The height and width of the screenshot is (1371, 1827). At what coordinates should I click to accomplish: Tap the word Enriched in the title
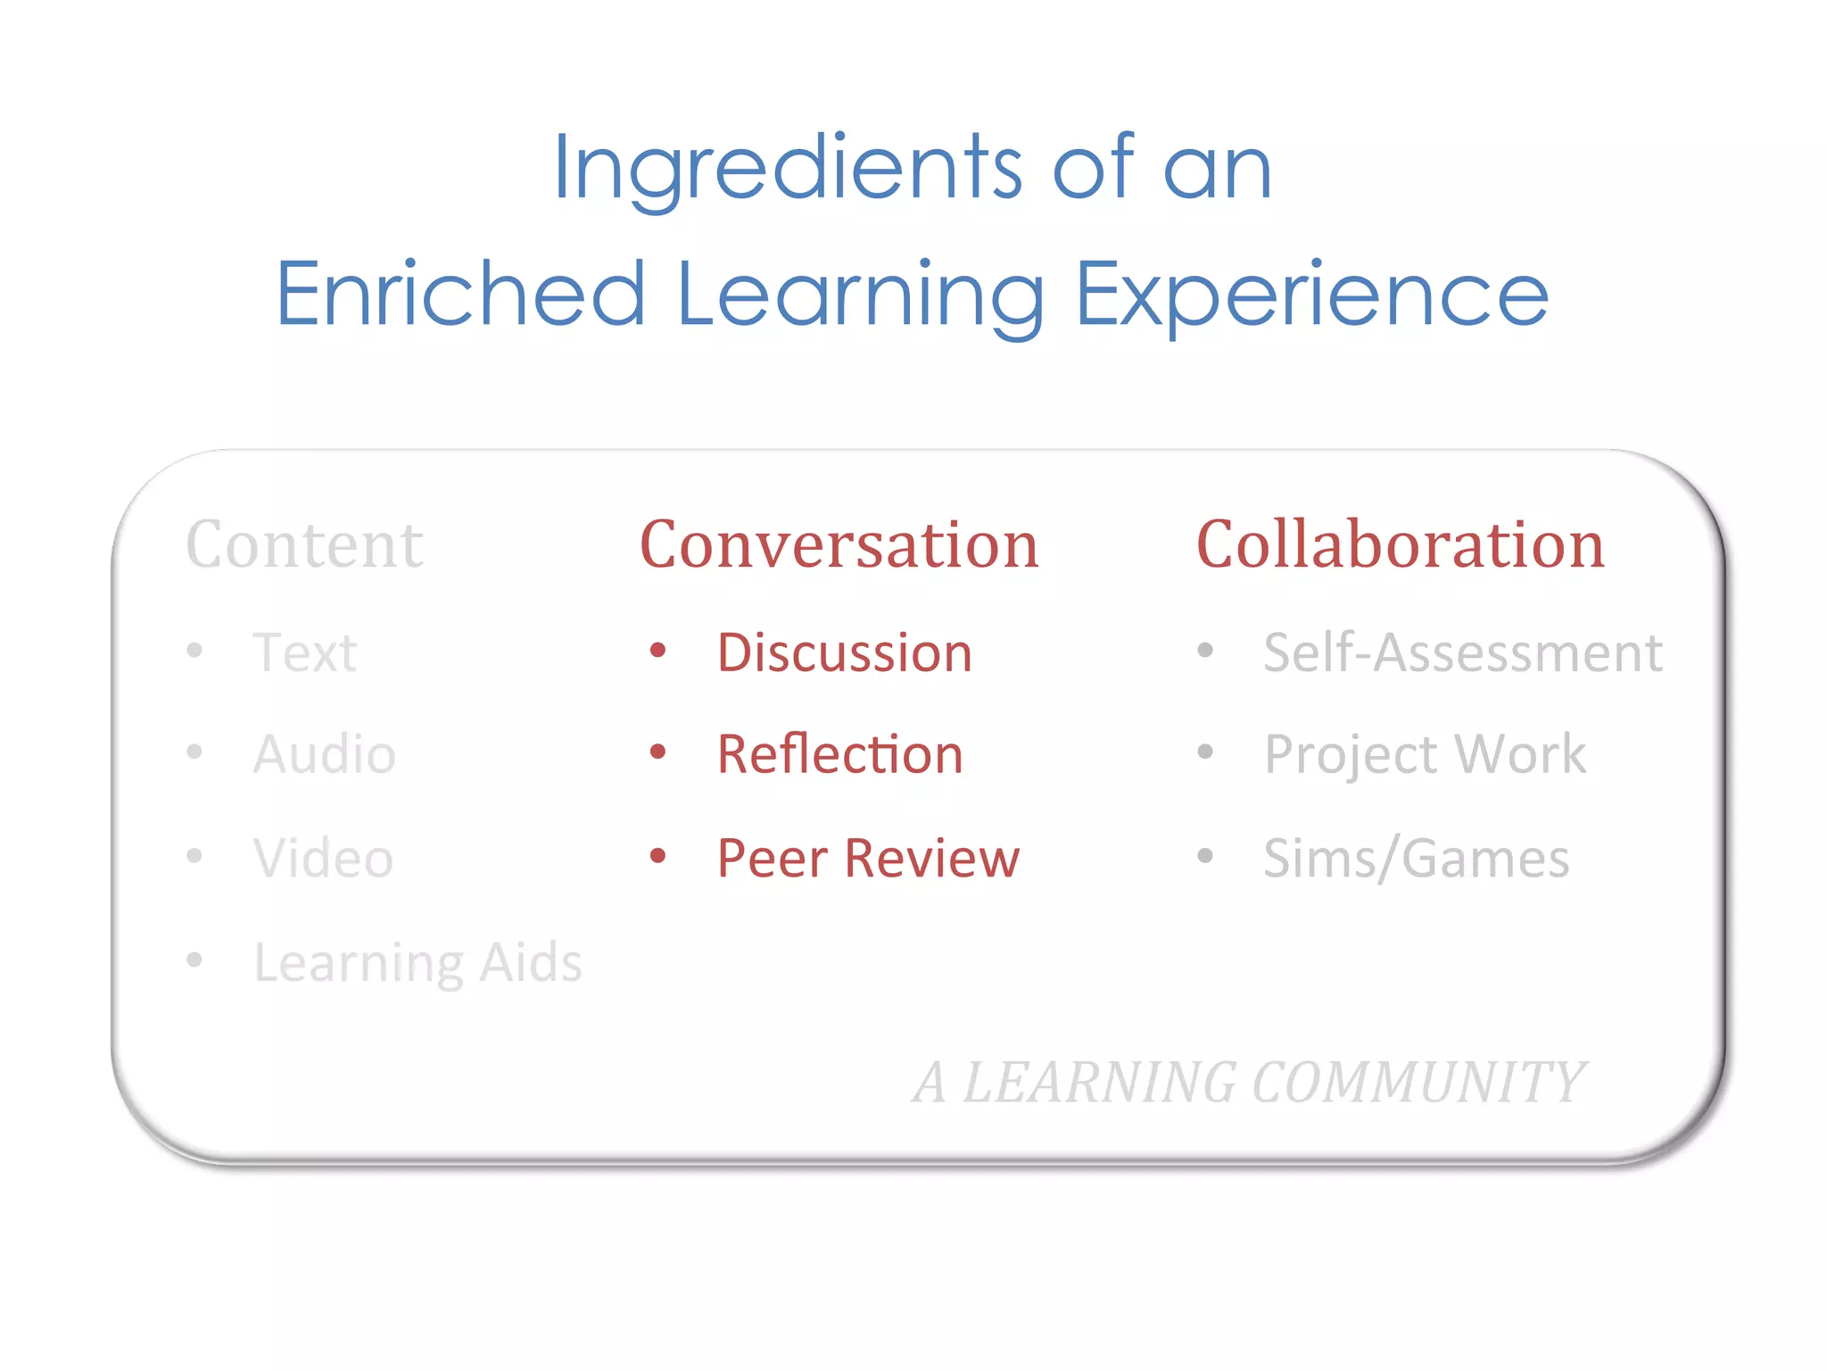[460, 294]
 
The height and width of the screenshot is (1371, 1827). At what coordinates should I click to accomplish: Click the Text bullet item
[305, 652]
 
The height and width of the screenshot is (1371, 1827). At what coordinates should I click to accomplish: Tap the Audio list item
[325, 754]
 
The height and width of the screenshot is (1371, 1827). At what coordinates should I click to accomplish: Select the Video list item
[323, 858]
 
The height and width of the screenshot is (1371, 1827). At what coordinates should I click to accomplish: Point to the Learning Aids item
[417, 962]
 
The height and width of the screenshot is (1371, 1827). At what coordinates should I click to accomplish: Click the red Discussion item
[844, 652]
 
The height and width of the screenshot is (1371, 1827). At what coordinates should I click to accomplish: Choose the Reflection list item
[839, 754]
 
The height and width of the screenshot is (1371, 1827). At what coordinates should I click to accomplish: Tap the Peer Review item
[868, 858]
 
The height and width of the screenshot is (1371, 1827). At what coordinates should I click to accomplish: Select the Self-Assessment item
[1463, 652]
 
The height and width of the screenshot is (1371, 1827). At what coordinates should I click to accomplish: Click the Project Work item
[1425, 754]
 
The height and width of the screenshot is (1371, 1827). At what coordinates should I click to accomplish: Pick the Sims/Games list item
[1416, 858]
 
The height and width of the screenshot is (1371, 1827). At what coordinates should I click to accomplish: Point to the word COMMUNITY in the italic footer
[1418, 1083]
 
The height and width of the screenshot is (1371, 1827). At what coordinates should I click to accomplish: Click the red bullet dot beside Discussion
[658, 650]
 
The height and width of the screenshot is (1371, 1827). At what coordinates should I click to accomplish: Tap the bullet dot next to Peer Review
[658, 856]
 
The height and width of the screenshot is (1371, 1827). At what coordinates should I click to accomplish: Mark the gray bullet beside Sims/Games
[1205, 856]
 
